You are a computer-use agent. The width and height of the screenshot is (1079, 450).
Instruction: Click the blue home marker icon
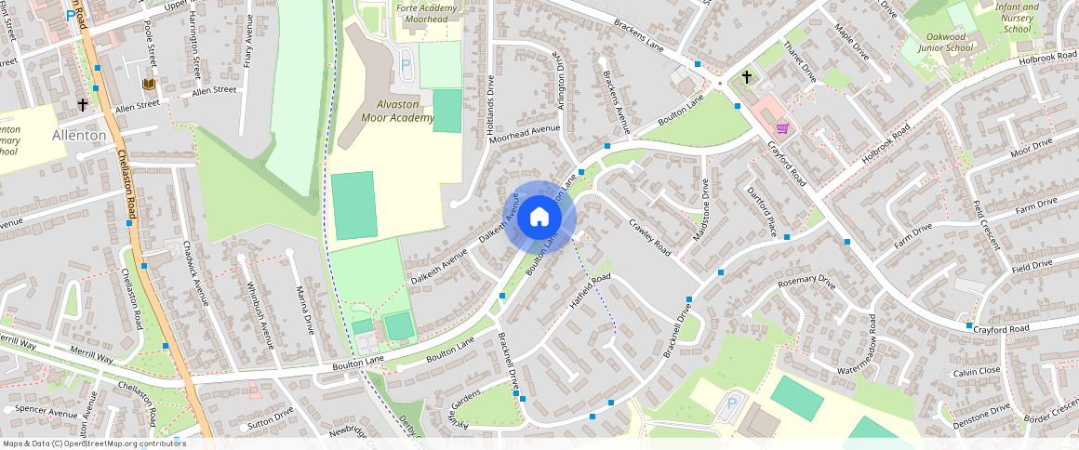click(x=539, y=218)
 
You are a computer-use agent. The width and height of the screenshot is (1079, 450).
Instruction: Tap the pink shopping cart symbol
click(x=782, y=127)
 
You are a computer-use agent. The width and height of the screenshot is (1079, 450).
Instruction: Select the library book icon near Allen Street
click(x=148, y=85)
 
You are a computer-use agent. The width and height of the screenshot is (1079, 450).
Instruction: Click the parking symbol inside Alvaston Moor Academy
click(x=405, y=65)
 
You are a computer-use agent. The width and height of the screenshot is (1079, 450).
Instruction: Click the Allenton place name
click(x=80, y=135)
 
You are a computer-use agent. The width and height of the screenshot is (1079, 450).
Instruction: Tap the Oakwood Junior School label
click(x=945, y=42)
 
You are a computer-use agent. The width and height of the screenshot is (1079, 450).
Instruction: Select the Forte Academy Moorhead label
click(x=427, y=13)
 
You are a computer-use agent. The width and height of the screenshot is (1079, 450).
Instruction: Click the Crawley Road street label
click(x=650, y=237)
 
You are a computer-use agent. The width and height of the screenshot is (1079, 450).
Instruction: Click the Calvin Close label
click(x=977, y=372)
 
